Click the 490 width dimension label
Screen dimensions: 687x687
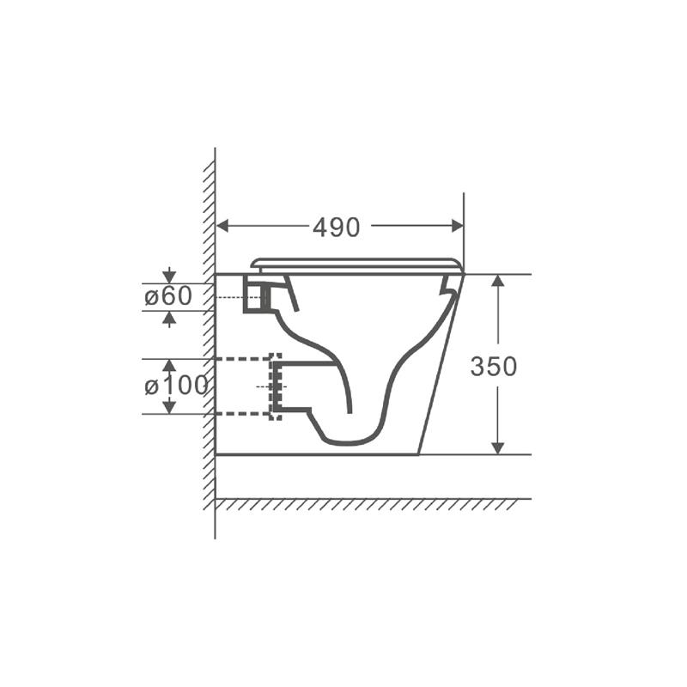point(336,228)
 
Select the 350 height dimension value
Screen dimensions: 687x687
point(493,367)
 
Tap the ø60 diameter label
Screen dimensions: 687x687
point(168,295)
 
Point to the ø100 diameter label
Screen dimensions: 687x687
point(176,386)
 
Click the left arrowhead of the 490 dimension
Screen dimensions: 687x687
point(223,226)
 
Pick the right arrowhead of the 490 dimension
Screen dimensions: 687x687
point(457,226)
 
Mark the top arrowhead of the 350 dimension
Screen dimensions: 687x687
point(498,282)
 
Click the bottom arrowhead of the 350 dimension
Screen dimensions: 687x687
point(498,447)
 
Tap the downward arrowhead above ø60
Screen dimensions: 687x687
point(169,277)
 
